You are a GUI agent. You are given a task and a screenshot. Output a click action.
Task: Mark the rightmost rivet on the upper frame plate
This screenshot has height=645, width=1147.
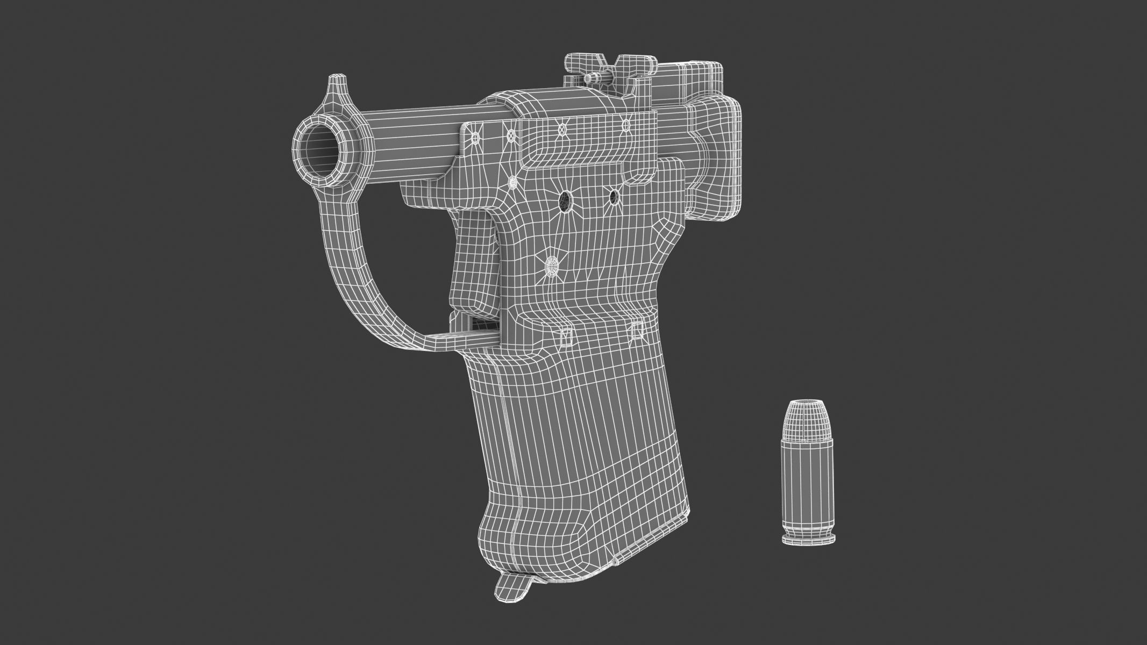625,125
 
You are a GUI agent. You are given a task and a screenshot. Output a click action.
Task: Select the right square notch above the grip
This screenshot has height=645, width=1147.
637,330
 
